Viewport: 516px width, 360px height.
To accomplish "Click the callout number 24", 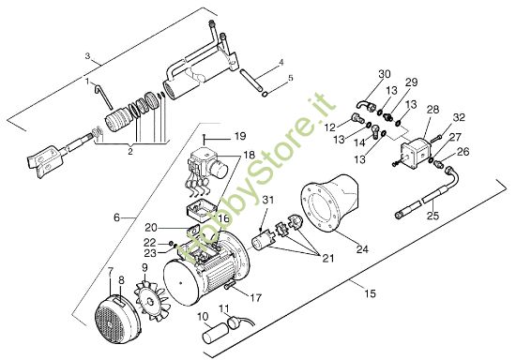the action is click(362, 249).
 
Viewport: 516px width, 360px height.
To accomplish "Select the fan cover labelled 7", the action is click(115, 316).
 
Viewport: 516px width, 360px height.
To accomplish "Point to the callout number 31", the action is click(268, 200).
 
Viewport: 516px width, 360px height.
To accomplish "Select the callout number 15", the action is click(371, 292).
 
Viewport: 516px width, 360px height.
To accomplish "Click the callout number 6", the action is click(117, 217).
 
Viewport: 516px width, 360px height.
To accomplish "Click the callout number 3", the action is click(87, 56).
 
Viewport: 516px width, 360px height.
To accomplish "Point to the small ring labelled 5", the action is click(265, 95).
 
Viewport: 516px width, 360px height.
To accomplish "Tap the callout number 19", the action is click(240, 136).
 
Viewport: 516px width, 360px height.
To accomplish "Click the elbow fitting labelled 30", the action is click(364, 105).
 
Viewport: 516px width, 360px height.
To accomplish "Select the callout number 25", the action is click(433, 216).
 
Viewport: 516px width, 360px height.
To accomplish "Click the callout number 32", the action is click(459, 117).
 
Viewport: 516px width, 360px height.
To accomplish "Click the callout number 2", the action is click(130, 152).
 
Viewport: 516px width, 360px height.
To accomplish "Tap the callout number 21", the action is click(327, 259).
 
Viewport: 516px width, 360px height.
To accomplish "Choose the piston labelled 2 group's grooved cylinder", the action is click(118, 119).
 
